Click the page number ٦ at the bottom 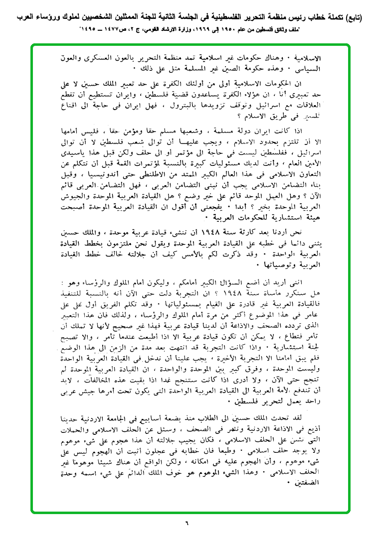(x=188, y=523)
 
